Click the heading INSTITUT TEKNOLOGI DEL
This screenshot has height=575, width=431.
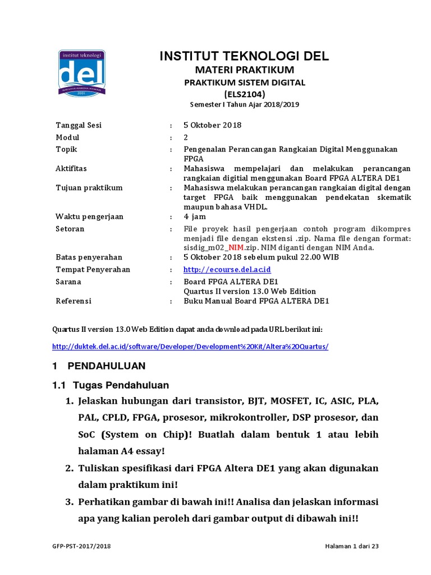tap(244, 56)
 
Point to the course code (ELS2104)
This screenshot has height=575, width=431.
tap(244, 94)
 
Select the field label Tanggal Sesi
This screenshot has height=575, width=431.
tap(79, 125)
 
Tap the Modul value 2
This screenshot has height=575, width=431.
tap(186, 138)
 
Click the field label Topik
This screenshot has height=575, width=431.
tap(66, 149)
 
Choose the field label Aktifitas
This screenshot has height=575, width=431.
tap(71, 168)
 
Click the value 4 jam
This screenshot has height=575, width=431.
tap(195, 217)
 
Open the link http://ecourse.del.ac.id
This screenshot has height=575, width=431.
tap(227, 270)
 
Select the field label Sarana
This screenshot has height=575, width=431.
tap(68, 281)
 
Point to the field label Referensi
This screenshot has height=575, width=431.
tap(73, 301)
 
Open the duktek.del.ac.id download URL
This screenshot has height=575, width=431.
tap(190, 346)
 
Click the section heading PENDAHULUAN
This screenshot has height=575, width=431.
tap(106, 366)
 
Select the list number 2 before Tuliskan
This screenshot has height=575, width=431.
tap(70, 468)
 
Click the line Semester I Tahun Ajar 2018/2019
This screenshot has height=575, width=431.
tap(244, 105)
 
